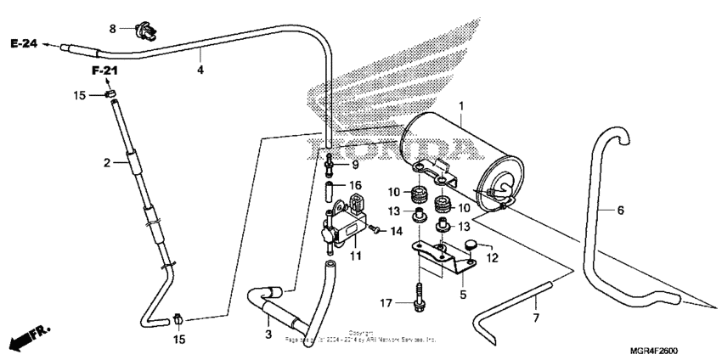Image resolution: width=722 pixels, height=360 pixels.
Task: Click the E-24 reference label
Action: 23,44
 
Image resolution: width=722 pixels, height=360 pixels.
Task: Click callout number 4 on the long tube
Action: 200,70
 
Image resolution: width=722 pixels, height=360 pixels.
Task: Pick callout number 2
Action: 108,161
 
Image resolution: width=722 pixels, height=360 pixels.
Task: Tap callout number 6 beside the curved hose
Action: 620,209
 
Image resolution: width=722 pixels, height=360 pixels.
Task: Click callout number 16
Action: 356,184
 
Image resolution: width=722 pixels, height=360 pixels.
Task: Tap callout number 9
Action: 354,165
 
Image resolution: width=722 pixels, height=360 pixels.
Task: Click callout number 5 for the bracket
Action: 463,295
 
